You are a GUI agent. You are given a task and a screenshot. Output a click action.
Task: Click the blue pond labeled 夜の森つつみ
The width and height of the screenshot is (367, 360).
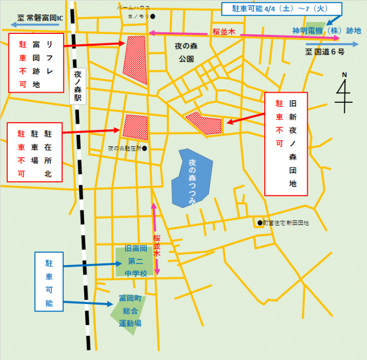click(x=192, y=178)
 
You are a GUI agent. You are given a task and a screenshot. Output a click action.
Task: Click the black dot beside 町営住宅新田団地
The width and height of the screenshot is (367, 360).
click(x=259, y=223)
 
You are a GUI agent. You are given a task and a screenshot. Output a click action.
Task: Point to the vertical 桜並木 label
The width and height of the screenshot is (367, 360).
click(x=157, y=246)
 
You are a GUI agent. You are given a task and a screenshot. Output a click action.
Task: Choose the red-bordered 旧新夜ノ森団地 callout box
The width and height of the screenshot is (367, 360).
click(x=286, y=144)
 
